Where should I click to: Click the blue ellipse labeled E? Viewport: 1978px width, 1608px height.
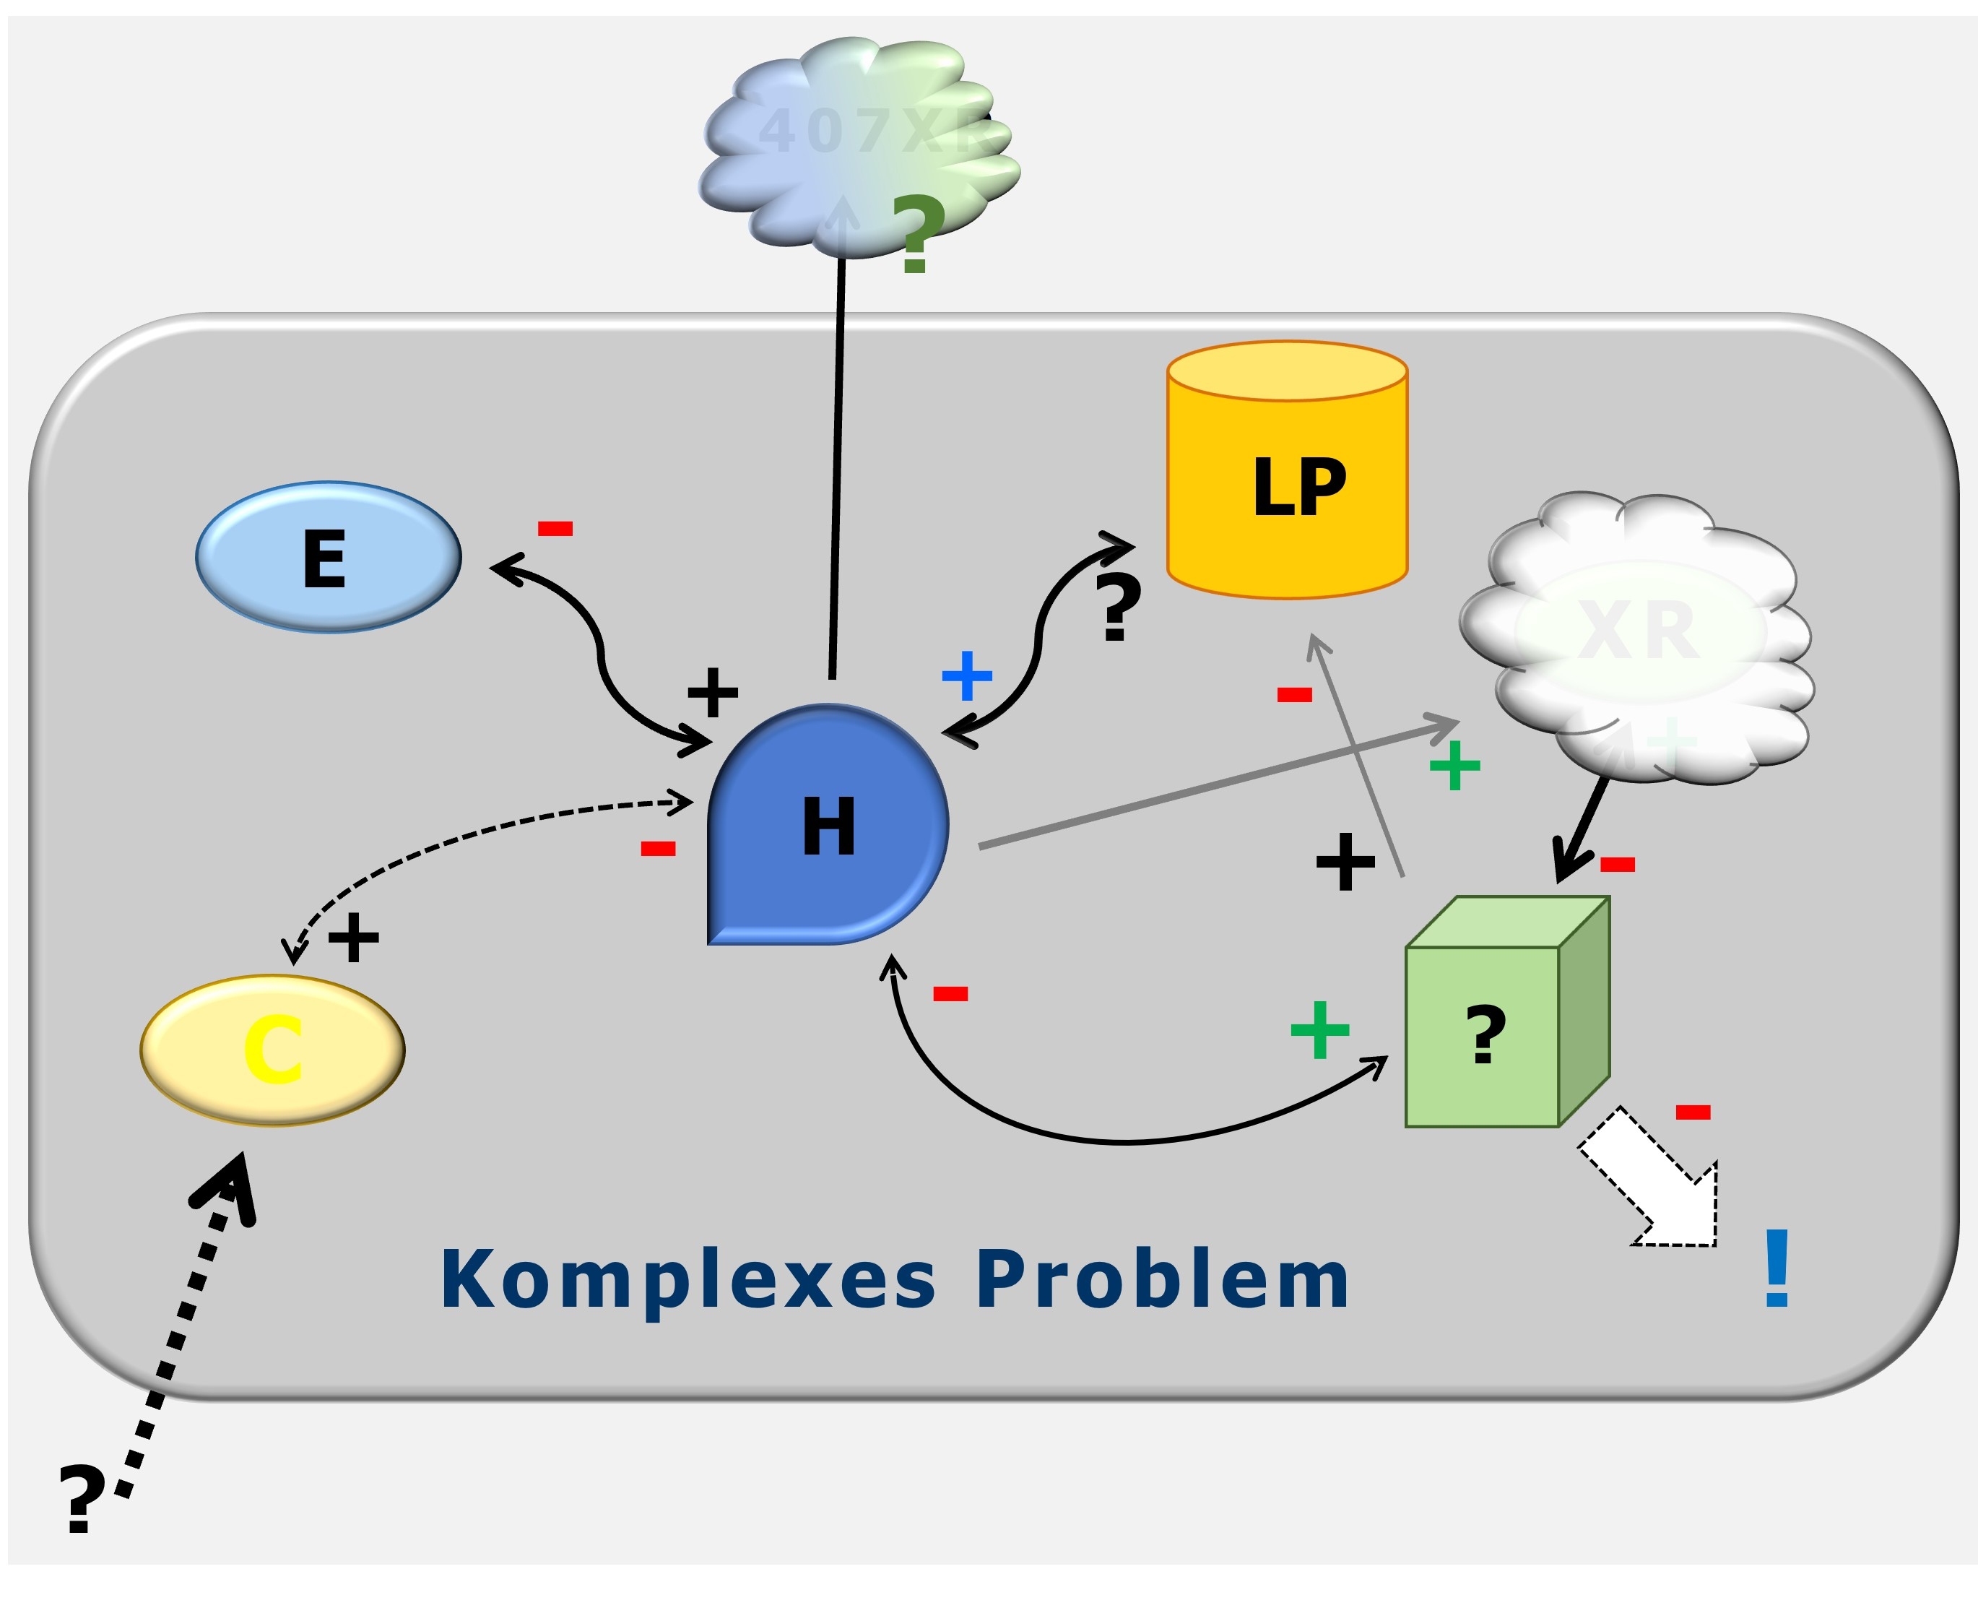coord(328,557)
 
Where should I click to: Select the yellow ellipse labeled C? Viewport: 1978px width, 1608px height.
coord(272,1050)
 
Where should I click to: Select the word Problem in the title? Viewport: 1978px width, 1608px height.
coord(1162,1281)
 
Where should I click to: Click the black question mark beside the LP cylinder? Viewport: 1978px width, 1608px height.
coord(1118,606)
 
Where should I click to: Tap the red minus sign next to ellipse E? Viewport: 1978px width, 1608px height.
coord(555,529)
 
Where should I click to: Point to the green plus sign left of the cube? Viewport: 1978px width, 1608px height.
coord(1319,1029)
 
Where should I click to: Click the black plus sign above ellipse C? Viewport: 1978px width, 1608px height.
coord(354,938)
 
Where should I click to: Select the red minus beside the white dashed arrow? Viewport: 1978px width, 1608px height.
coord(1693,1112)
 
